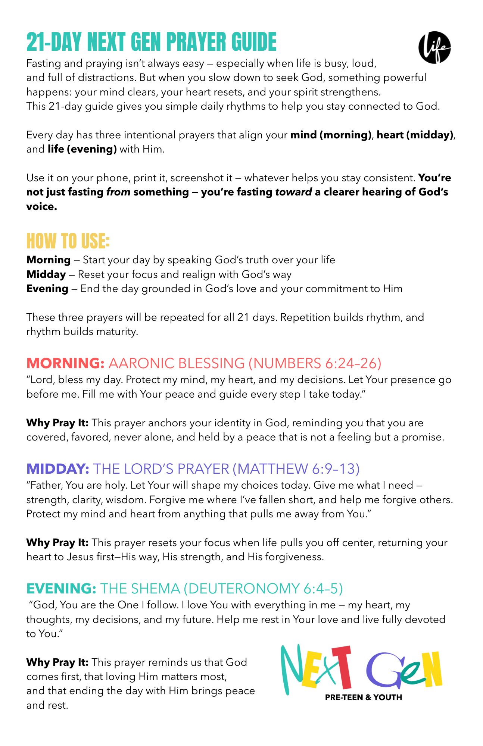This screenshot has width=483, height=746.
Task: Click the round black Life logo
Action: (434, 47)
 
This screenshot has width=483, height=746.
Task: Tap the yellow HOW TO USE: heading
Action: (68, 241)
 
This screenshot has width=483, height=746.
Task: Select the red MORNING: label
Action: (65, 363)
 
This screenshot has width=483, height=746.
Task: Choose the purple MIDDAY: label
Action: (57, 468)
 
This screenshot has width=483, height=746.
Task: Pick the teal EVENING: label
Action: (61, 588)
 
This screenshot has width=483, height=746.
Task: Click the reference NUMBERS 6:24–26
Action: (315, 363)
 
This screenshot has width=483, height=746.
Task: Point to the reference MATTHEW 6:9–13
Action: (296, 468)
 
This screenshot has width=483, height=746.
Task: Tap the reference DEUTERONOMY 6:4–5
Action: (264, 588)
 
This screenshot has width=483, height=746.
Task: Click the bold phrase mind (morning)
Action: (331, 135)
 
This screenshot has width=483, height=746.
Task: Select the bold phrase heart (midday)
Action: (415, 135)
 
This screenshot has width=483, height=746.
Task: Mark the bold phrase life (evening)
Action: (82, 149)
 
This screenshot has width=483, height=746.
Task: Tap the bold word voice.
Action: (41, 206)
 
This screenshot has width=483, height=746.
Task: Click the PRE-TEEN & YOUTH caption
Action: (363, 697)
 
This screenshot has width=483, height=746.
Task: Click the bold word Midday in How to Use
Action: (46, 274)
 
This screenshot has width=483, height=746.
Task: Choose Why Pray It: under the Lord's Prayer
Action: (57, 542)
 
